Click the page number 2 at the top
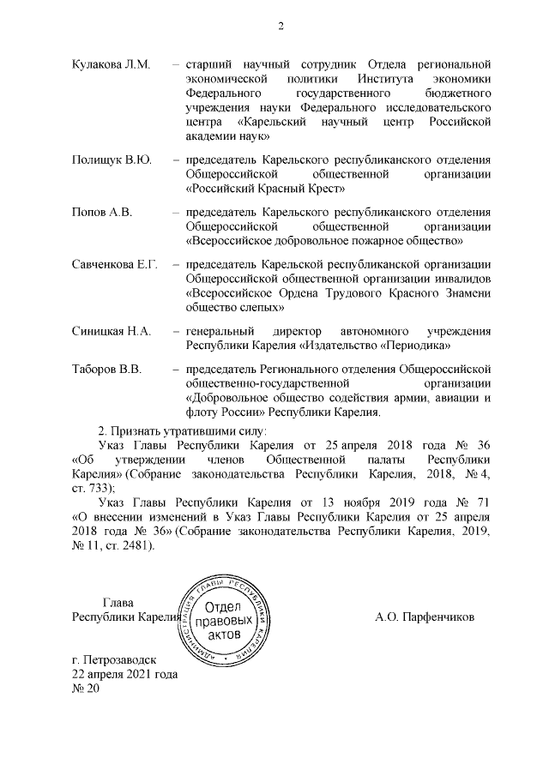pos(280,26)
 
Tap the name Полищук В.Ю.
pos(111,159)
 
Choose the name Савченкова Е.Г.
pos(115,264)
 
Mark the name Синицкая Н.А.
pos(112,331)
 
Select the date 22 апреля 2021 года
pos(125,675)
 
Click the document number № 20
pos(87,689)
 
